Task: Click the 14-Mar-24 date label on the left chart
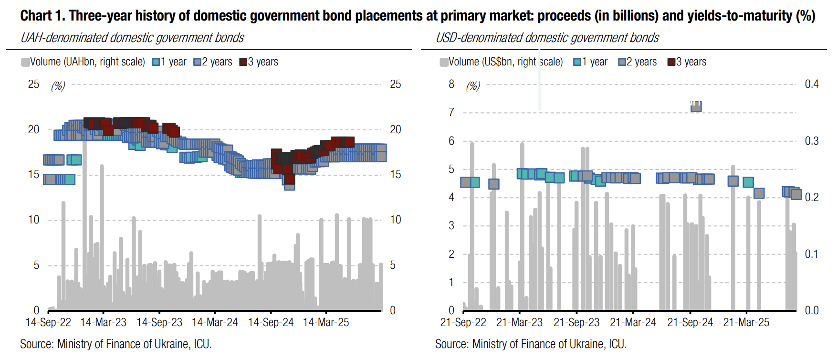215,323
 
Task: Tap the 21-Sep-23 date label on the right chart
576,323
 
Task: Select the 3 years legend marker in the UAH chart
243,62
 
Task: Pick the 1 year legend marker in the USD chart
577,62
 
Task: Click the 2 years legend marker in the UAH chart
197,62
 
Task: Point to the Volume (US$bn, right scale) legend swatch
444,62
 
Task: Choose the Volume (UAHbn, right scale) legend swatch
25,62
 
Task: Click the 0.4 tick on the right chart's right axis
811,85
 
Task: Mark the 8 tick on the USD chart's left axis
451,85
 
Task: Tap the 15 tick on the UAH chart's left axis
33,175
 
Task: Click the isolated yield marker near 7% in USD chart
696,106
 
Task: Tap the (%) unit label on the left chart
58,86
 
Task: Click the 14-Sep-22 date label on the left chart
48,323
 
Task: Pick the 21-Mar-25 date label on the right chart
746,323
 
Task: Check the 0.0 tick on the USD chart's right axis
811,311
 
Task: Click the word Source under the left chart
36,344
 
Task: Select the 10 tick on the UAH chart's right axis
396,220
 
